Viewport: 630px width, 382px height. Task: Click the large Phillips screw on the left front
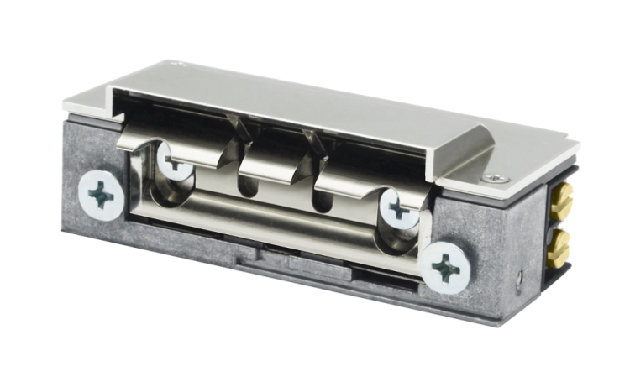(101, 196)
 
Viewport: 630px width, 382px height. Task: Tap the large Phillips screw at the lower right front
(446, 269)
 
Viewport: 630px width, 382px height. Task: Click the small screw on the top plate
(496, 178)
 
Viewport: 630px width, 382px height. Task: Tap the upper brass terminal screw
(561, 200)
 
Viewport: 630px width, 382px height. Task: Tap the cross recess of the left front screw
(101, 196)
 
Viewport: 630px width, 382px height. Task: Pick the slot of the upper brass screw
(562, 200)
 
